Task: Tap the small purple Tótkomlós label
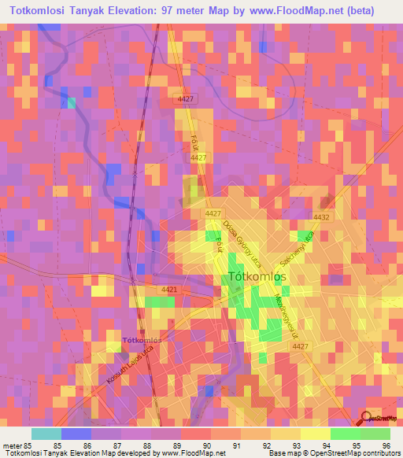142,341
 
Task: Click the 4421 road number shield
169,290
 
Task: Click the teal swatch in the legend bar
46,434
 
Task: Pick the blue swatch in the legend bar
76,434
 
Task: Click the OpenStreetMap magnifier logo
366,419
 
